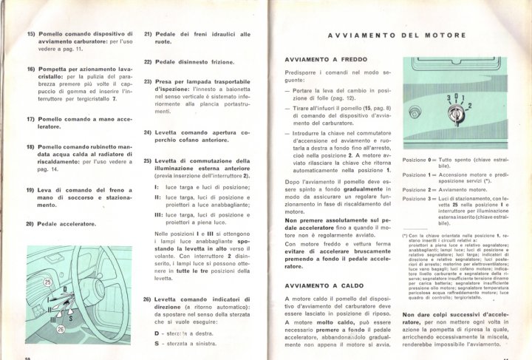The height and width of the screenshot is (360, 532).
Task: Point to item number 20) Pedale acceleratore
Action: click(30, 223)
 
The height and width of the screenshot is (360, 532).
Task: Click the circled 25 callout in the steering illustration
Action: click(48, 283)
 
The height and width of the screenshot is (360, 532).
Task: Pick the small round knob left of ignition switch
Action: click(426, 112)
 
